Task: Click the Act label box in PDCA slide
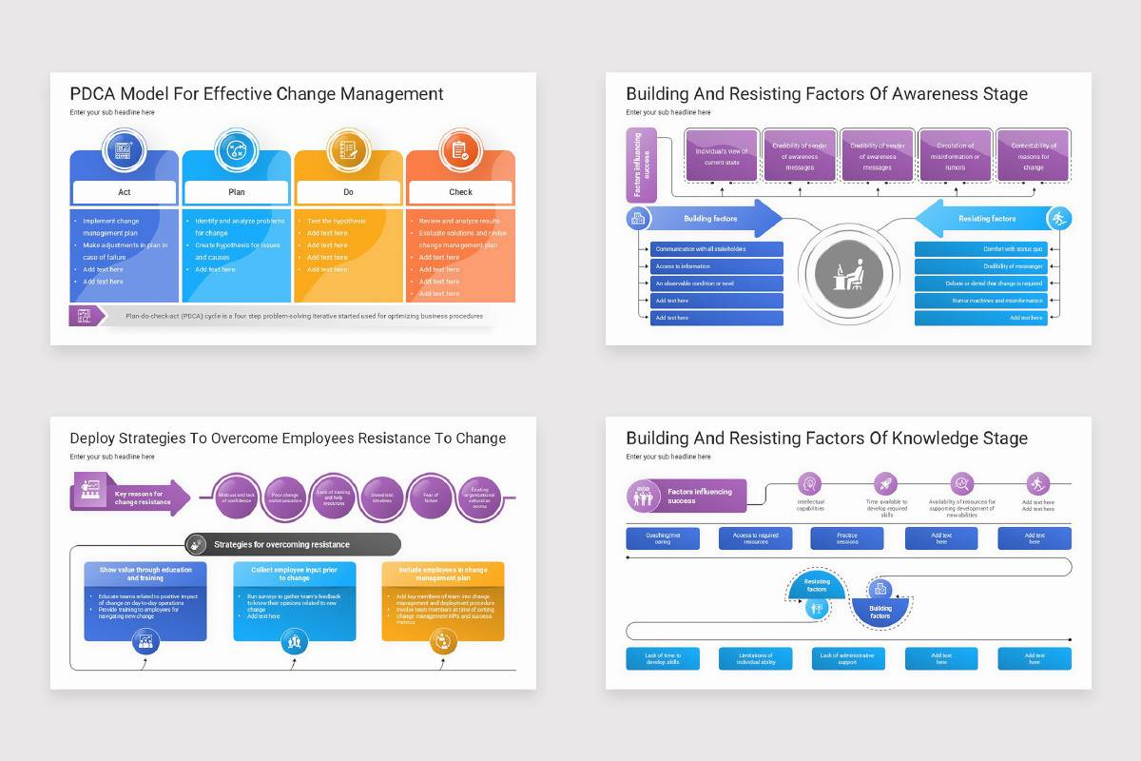pyautogui.click(x=125, y=192)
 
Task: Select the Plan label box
pyautogui.click(x=237, y=192)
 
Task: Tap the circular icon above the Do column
pyautogui.click(x=348, y=150)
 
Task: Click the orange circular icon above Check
pyautogui.click(x=460, y=150)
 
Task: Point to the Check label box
pyautogui.click(x=460, y=192)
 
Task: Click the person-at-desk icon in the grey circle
pyautogui.click(x=848, y=276)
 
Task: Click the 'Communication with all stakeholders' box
pyautogui.click(x=717, y=249)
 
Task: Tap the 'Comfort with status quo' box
pyautogui.click(x=981, y=249)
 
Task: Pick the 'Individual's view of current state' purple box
pyautogui.click(x=722, y=156)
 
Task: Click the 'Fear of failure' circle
pyautogui.click(x=431, y=498)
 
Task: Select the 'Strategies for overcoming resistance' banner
pyautogui.click(x=293, y=545)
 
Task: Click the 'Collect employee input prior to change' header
pyautogui.click(x=295, y=574)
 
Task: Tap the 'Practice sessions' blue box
pyautogui.click(x=847, y=539)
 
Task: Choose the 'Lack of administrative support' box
pyautogui.click(x=847, y=658)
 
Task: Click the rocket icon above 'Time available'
pyautogui.click(x=886, y=483)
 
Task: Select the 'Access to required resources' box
pyautogui.click(x=755, y=539)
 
